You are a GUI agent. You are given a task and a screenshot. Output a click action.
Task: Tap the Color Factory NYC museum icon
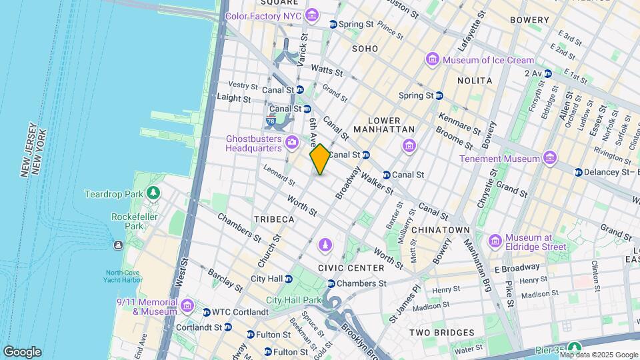(x=311, y=15)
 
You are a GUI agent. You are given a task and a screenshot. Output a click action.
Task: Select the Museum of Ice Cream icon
(x=433, y=60)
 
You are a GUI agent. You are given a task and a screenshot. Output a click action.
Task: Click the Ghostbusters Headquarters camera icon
(x=291, y=142)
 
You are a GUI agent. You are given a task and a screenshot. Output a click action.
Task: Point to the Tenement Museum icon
(x=549, y=158)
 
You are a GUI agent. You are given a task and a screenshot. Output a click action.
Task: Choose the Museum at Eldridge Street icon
(x=495, y=241)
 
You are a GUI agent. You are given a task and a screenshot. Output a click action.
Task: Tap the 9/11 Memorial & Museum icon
(x=187, y=306)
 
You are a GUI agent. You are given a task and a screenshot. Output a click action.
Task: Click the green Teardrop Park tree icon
(x=154, y=193)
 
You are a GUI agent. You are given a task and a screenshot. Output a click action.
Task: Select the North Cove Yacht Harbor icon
(x=118, y=245)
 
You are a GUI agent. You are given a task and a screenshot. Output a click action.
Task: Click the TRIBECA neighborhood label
(x=274, y=219)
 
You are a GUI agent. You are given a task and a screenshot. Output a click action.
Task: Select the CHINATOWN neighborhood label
(x=441, y=229)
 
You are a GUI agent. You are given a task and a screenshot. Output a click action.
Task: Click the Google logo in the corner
(x=22, y=351)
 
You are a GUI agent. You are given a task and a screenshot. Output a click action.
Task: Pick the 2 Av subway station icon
(x=548, y=73)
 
